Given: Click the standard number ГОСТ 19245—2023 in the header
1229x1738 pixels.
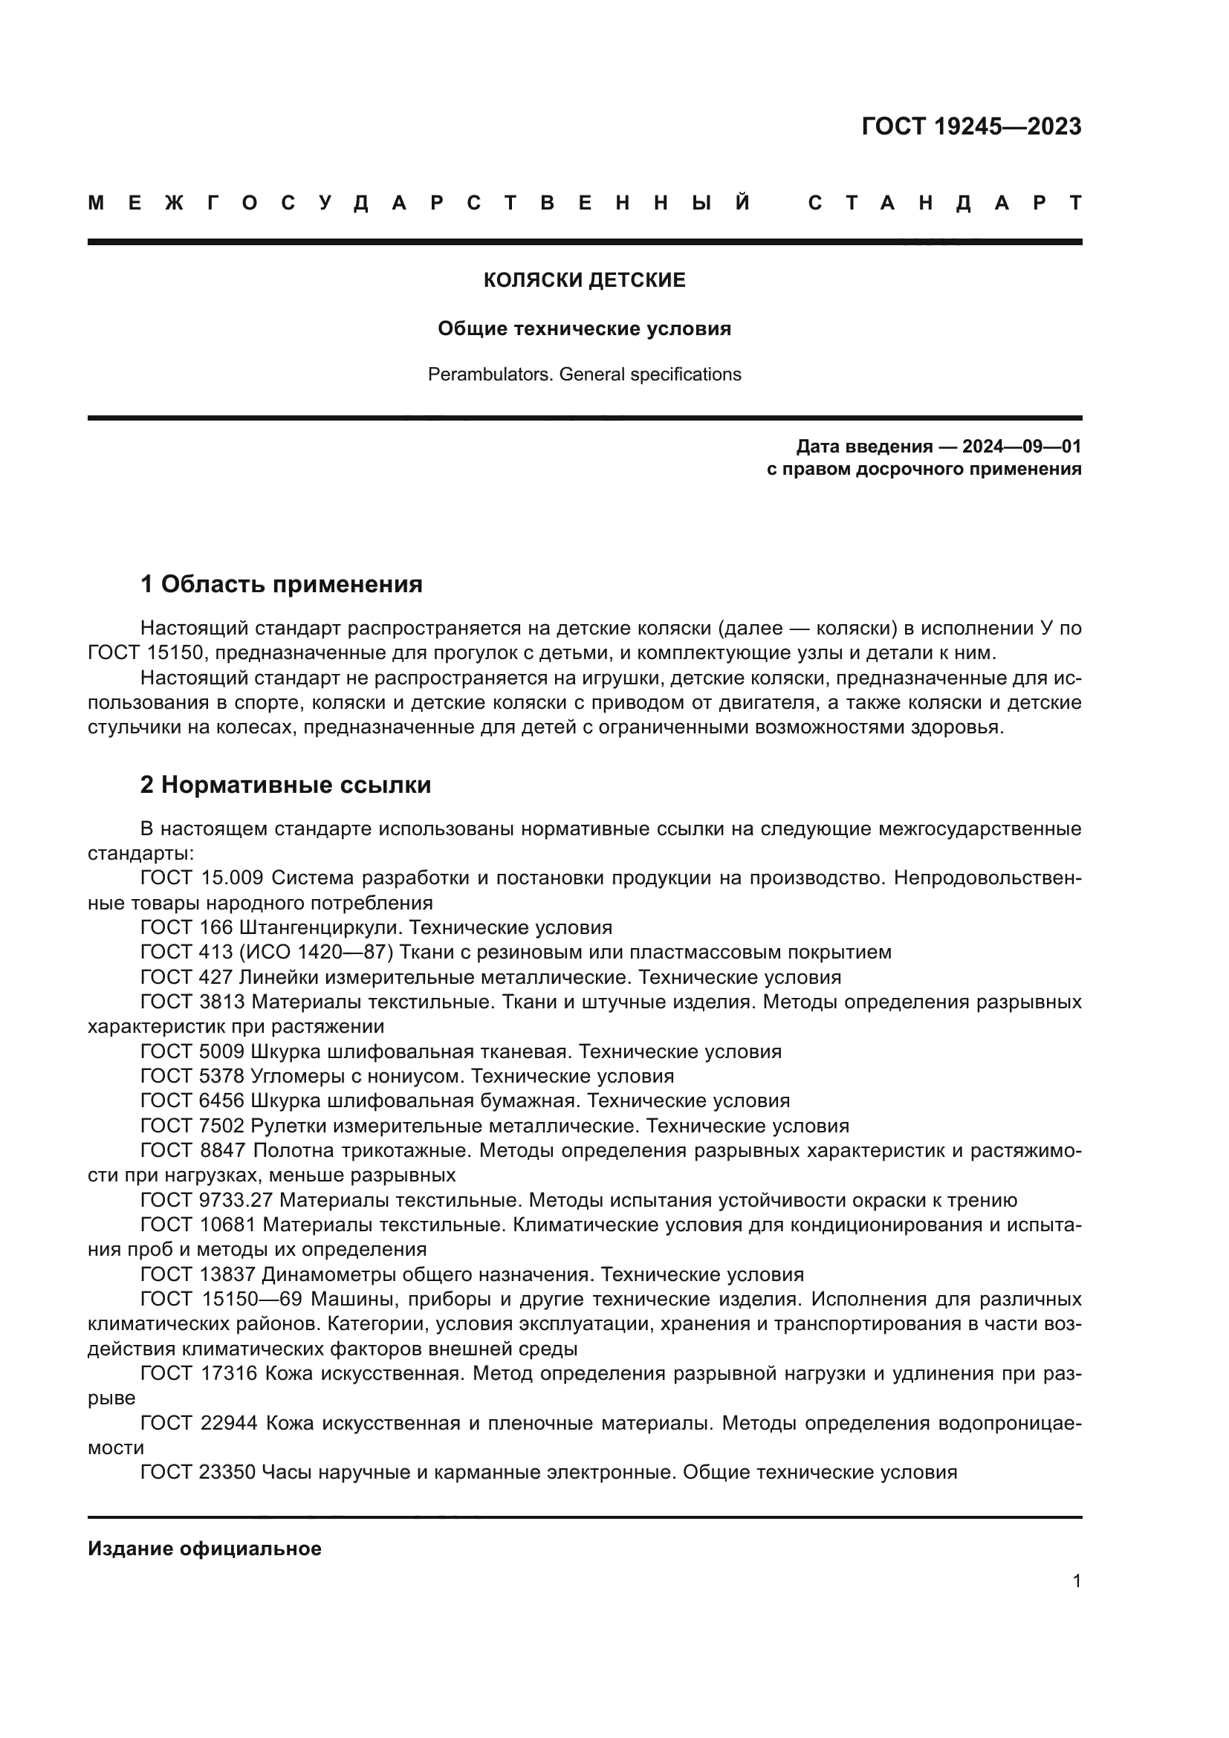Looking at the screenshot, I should pos(971,126).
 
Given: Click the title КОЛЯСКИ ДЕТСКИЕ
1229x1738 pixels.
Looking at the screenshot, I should pos(584,280).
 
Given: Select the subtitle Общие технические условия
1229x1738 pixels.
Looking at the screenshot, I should pos(584,328).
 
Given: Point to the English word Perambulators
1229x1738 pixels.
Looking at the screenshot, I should pos(490,374).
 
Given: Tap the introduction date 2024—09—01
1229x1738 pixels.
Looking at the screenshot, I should pos(1021,446).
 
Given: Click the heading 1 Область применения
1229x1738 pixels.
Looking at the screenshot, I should pos(281,583).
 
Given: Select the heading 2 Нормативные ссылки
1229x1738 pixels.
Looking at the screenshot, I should pos(285,785).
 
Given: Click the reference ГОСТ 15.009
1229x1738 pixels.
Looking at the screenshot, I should pos(201,878).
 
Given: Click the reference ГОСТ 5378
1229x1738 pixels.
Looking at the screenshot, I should pos(192,1076).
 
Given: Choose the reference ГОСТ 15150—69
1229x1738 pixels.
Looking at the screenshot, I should pos(221,1299).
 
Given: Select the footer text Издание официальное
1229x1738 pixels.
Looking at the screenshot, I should pos(204,1549).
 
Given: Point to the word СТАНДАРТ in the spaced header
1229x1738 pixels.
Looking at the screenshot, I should pos(945,203).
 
